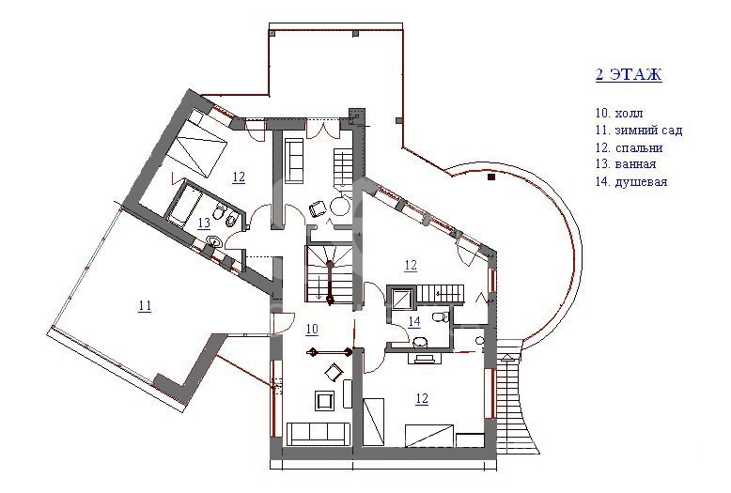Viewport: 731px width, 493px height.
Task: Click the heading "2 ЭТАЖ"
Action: [629, 74]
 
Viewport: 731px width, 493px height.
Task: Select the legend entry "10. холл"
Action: [618, 114]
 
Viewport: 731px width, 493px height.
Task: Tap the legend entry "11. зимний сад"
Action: [639, 130]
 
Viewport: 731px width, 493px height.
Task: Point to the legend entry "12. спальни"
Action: [629, 147]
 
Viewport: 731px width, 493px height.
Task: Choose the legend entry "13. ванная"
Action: [626, 164]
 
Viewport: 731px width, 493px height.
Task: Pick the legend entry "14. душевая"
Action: [631, 182]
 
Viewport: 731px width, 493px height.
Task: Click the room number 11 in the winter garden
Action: [145, 306]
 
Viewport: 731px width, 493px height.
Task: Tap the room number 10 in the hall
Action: [312, 329]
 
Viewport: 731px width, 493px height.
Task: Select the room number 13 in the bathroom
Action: [204, 223]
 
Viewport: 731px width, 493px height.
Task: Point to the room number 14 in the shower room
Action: [414, 321]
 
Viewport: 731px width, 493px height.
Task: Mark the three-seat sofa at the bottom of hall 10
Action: [319, 433]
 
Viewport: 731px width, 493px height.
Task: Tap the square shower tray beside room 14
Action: [401, 298]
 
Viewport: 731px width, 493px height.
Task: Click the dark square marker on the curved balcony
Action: [490, 177]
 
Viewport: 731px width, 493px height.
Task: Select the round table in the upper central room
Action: [339, 205]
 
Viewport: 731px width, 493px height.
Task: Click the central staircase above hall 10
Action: [330, 274]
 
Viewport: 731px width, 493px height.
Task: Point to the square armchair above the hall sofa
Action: [325, 401]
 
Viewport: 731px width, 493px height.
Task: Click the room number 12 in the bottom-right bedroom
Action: [422, 399]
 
